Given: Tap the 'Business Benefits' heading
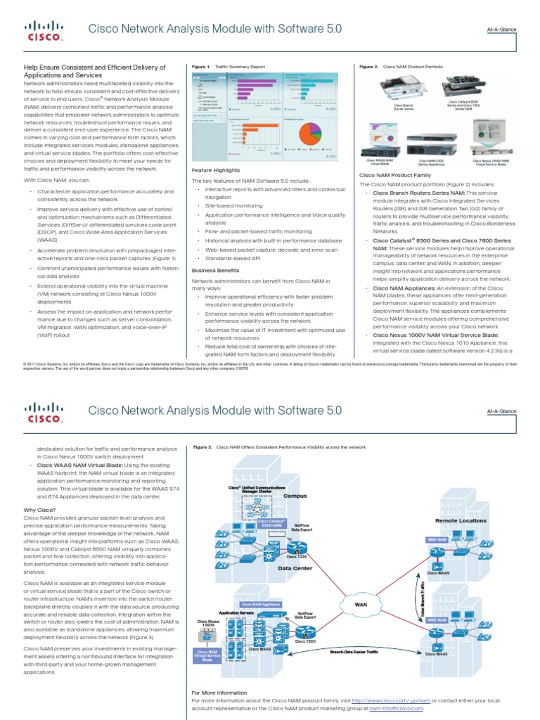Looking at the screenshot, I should [x=215, y=269].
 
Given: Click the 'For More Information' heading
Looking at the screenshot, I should [x=219, y=693].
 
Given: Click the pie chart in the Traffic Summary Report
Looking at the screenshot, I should [x=310, y=134].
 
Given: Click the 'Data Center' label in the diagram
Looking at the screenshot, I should [x=295, y=568].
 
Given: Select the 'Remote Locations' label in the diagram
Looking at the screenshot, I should [x=461, y=520].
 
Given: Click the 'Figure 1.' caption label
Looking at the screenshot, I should [x=201, y=67].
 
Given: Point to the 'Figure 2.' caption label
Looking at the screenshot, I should [x=368, y=67].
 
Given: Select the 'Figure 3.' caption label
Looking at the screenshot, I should [x=201, y=446].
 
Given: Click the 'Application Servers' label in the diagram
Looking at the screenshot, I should [x=236, y=613].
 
